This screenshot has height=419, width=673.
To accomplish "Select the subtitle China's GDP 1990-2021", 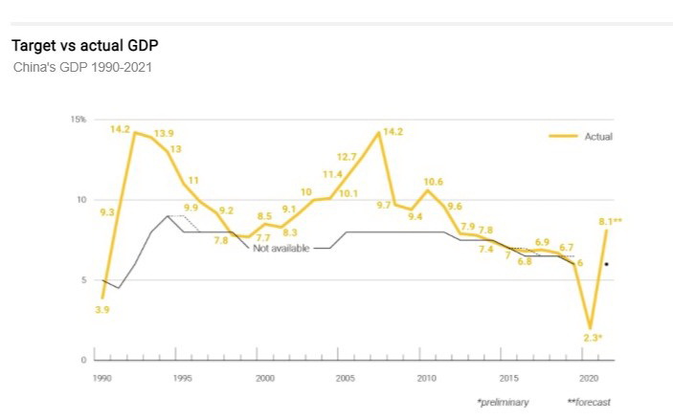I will click(x=82, y=68).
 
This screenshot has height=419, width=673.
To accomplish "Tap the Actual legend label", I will click(x=598, y=137).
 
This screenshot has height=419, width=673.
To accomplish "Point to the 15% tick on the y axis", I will click(x=79, y=120).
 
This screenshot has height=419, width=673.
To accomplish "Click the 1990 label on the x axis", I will click(x=101, y=378).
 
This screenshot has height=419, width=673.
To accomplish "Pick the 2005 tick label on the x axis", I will click(x=346, y=378).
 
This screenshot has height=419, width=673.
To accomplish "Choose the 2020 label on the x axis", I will click(x=590, y=378).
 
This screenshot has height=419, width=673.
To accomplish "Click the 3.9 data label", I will click(x=101, y=309).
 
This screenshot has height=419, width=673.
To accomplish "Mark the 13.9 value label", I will click(x=164, y=133).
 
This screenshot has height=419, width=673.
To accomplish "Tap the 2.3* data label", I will click(x=591, y=338).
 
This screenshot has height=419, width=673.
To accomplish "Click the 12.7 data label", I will click(x=347, y=156).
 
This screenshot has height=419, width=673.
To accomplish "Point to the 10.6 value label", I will click(x=433, y=181).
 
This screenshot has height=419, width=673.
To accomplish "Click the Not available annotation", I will click(x=282, y=248).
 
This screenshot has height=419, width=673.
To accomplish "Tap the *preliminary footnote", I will click(x=502, y=402).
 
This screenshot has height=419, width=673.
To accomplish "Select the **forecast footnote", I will click(x=588, y=402).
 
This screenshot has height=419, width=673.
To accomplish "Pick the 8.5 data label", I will click(x=266, y=216).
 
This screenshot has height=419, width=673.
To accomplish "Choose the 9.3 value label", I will click(x=106, y=211).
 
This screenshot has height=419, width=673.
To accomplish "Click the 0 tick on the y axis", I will click(x=84, y=360).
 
